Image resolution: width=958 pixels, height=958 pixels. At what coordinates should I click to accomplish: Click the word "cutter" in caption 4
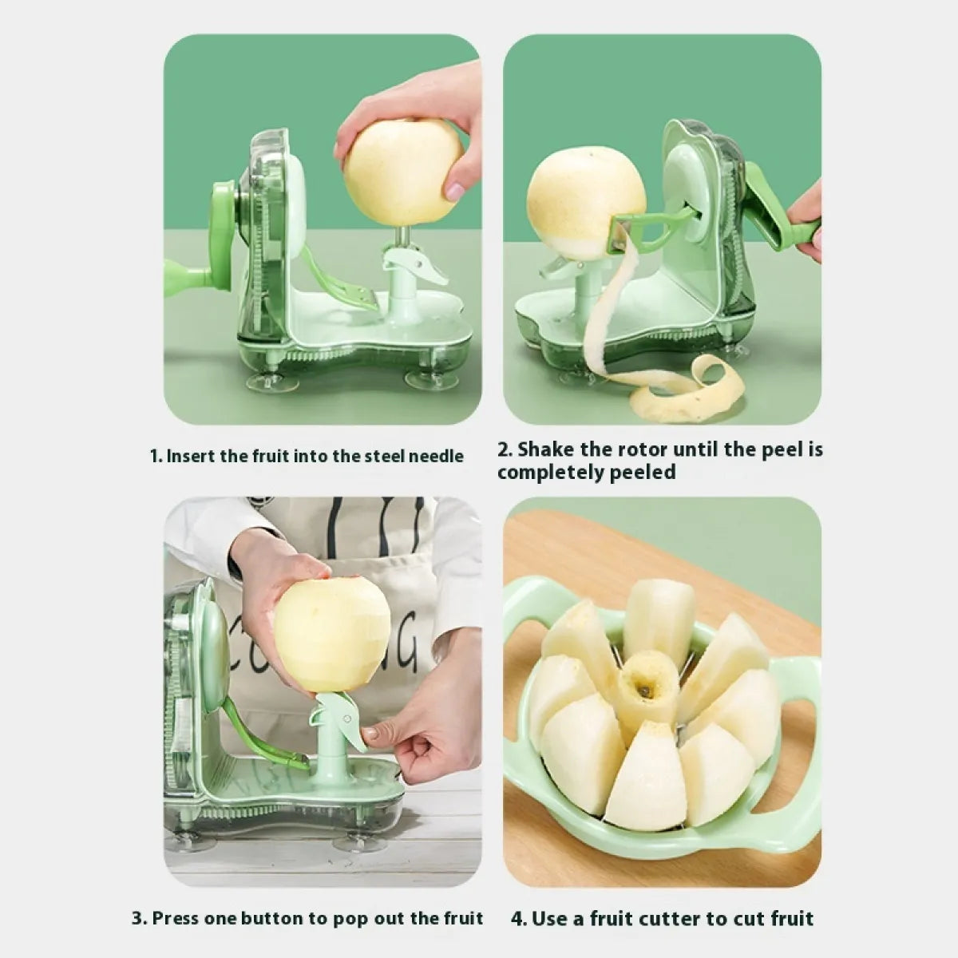676,918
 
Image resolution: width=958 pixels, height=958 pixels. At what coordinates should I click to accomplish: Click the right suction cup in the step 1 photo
426,380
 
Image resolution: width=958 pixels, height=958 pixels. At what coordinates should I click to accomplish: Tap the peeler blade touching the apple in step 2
619,236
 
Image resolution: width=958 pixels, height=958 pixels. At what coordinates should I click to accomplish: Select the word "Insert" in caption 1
190,457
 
